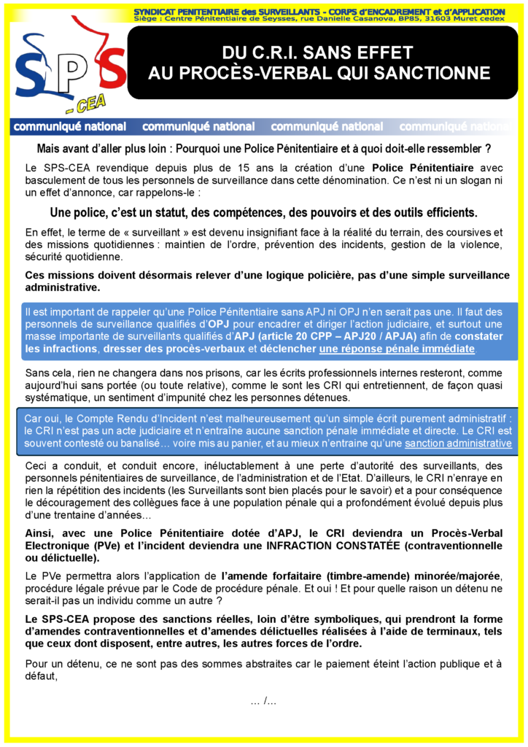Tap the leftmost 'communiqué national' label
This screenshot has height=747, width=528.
pyautogui.click(x=70, y=127)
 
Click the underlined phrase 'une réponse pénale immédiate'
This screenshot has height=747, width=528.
pyautogui.click(x=397, y=349)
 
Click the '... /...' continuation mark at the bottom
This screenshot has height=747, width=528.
pyautogui.click(x=263, y=701)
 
